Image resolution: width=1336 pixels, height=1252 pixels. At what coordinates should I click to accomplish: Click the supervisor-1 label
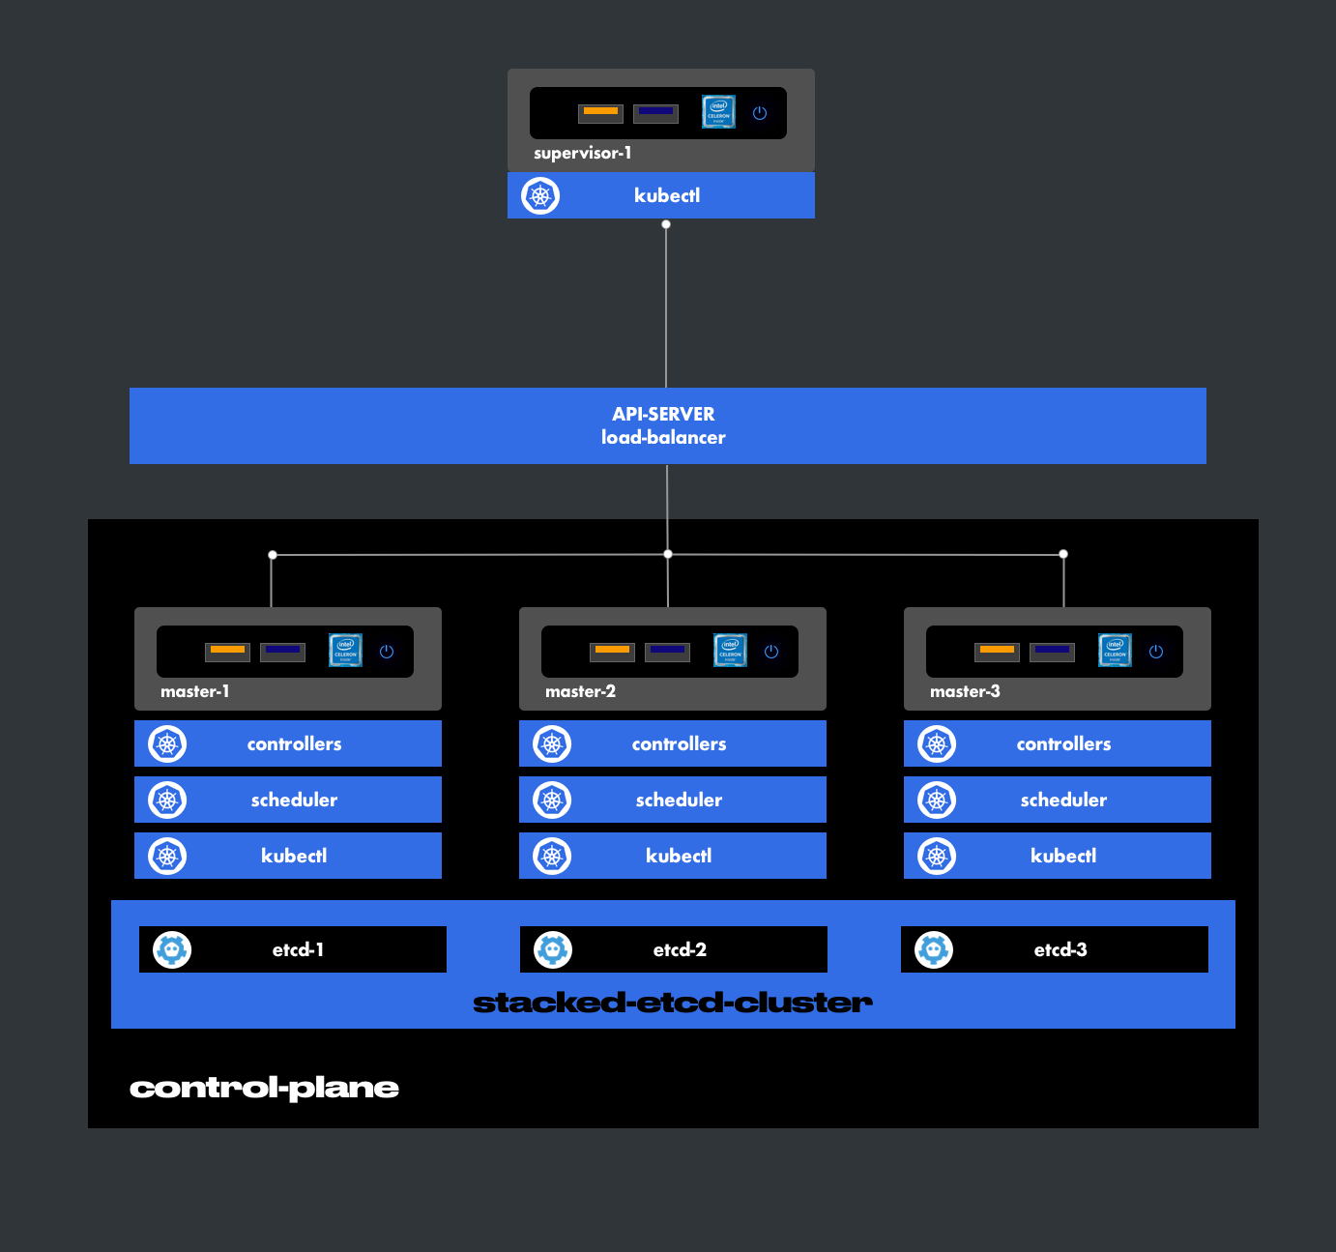(x=582, y=153)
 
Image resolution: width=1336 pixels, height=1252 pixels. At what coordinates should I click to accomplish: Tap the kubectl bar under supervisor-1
(x=666, y=195)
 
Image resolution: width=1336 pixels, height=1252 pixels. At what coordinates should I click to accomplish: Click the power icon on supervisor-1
(x=760, y=113)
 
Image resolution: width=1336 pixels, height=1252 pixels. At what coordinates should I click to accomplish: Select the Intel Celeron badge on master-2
(x=730, y=651)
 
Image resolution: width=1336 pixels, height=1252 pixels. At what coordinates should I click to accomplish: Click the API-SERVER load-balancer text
(x=663, y=425)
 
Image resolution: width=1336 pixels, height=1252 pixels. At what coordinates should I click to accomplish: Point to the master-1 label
(x=194, y=691)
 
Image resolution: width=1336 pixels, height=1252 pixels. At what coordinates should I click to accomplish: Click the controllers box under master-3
(x=1062, y=743)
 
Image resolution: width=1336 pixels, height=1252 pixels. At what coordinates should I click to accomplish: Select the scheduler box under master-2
(x=678, y=800)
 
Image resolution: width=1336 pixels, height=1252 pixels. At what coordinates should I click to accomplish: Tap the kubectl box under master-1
(x=293, y=856)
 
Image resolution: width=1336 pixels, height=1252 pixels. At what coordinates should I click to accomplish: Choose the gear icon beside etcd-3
(x=934, y=949)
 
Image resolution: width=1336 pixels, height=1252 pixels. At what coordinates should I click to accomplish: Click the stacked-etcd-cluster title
(x=672, y=1003)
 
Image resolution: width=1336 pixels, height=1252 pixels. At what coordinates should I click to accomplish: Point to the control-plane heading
(x=264, y=1088)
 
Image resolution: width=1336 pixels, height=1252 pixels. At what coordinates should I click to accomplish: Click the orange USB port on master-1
(x=227, y=651)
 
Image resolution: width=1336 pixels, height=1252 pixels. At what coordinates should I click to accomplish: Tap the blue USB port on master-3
(x=1052, y=651)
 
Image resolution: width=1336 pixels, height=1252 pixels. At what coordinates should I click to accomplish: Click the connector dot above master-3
(x=1063, y=554)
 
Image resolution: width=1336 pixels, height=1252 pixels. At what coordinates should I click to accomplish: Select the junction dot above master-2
(x=668, y=554)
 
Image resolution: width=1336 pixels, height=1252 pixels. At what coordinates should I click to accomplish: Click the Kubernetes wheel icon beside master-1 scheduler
(x=167, y=800)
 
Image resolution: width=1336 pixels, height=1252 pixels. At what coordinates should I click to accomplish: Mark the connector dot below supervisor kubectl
(x=666, y=224)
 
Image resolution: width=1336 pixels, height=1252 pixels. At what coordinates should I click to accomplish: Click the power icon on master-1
(x=387, y=652)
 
